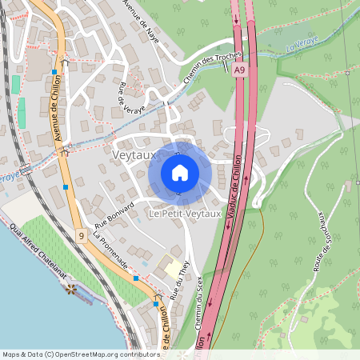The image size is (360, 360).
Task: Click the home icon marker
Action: (180, 173)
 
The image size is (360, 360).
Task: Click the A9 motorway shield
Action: (240, 71)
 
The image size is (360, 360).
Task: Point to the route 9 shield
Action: (82, 235)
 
